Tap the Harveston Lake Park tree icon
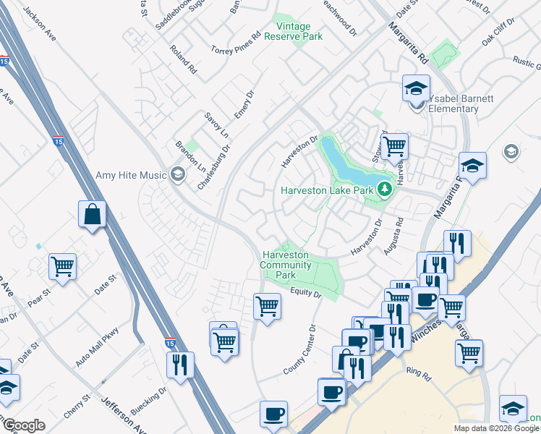click(385, 190)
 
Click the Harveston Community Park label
click(286, 265)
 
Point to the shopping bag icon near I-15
click(93, 214)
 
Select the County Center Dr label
click(300, 349)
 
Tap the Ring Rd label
click(418, 374)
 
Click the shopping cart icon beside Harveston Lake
click(394, 146)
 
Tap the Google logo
click(24, 425)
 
